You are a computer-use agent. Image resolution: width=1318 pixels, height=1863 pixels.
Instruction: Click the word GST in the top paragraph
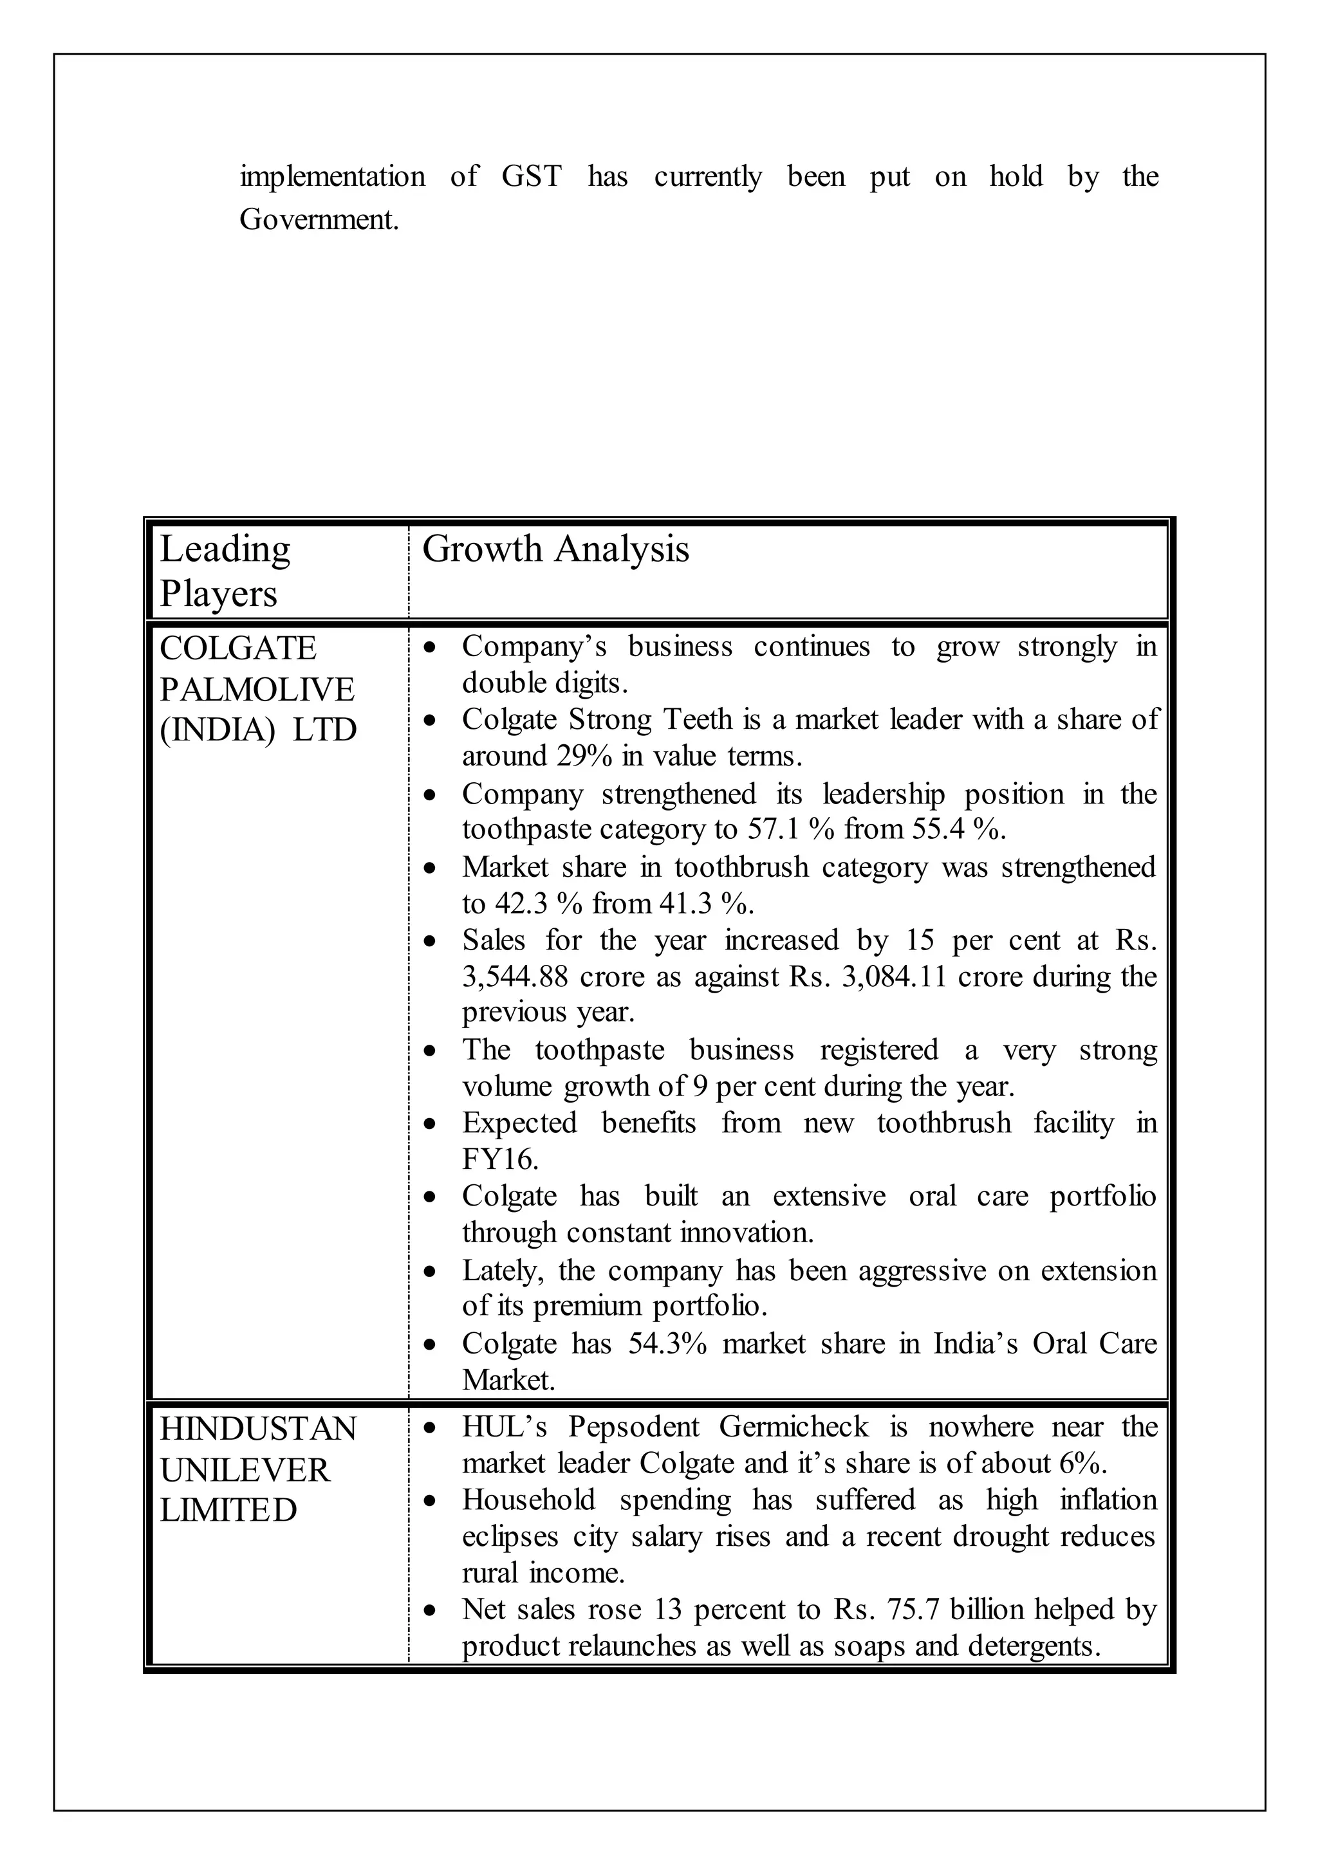click(531, 176)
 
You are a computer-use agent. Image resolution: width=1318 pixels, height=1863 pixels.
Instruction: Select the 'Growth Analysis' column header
click(555, 549)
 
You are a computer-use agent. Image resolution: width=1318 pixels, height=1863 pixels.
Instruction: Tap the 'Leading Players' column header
click(224, 571)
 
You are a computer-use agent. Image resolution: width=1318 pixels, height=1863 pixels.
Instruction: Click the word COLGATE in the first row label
click(237, 648)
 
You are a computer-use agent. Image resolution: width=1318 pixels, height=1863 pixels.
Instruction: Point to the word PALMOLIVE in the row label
click(257, 690)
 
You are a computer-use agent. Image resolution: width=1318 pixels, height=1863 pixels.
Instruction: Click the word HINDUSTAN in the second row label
click(258, 1429)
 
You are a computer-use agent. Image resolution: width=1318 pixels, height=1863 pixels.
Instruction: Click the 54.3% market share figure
click(667, 1344)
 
